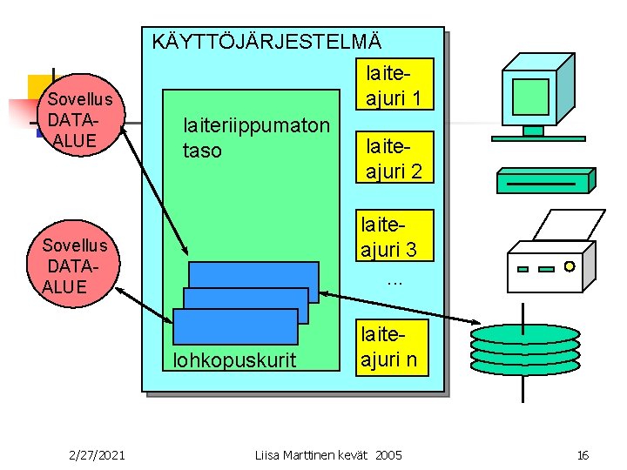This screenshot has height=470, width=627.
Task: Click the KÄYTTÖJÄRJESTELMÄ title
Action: [x=266, y=41]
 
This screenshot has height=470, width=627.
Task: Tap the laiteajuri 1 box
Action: [x=392, y=84]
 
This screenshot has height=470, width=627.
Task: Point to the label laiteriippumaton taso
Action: [x=255, y=138]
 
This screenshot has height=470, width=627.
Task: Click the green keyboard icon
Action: [x=544, y=180]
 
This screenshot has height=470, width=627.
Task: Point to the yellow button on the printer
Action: [x=570, y=265]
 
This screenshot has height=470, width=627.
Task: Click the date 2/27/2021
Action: [x=97, y=454]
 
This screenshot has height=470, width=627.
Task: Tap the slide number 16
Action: [x=583, y=454]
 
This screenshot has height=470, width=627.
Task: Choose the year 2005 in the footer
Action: [x=388, y=454]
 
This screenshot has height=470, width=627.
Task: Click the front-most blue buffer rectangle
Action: [x=235, y=326]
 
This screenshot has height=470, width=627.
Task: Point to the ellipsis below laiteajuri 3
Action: [x=394, y=280]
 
